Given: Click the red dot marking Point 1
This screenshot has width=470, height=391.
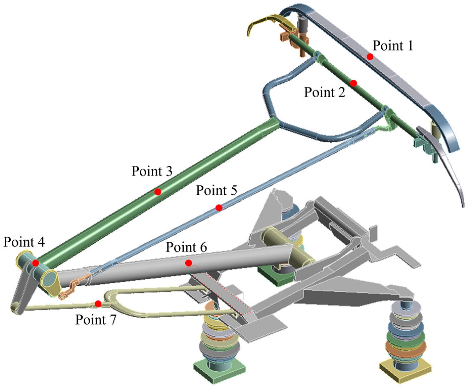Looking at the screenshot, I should [370, 57].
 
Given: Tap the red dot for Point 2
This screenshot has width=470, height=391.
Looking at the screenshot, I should [353, 83].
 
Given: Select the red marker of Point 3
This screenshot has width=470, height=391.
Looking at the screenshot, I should [158, 192].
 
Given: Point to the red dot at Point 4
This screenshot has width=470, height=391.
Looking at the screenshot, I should [36, 263].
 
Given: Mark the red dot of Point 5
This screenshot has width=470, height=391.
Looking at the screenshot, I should [219, 208].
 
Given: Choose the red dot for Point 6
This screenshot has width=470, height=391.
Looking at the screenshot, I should [188, 263].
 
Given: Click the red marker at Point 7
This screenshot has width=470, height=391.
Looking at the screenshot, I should [98, 304].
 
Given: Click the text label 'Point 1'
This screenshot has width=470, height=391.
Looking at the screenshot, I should [392, 46].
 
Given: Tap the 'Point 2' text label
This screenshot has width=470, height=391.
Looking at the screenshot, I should [324, 92].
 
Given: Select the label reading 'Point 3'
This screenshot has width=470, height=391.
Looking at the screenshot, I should [152, 171].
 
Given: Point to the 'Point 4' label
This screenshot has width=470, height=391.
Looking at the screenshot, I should [24, 242].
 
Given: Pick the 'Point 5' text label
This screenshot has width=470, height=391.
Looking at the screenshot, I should [217, 190].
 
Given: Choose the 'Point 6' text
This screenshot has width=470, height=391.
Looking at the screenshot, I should [186, 247].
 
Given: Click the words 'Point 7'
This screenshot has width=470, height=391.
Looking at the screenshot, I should [96, 320].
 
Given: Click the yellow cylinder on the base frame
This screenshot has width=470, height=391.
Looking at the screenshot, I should [288, 245].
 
